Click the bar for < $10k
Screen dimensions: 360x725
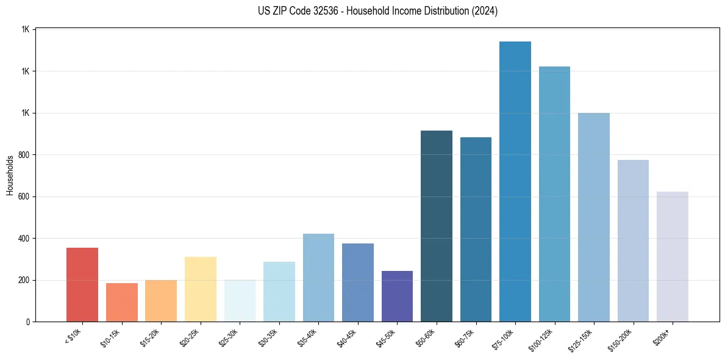[82, 284]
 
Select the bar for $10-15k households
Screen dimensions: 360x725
[122, 302]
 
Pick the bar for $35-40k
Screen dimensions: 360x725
[318, 278]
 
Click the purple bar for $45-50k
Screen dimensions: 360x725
[397, 296]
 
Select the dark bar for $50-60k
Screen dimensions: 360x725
[437, 226]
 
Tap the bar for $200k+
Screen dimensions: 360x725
[673, 256]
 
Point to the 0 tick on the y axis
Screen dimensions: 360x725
[28, 322]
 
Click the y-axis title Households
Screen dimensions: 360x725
[10, 175]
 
